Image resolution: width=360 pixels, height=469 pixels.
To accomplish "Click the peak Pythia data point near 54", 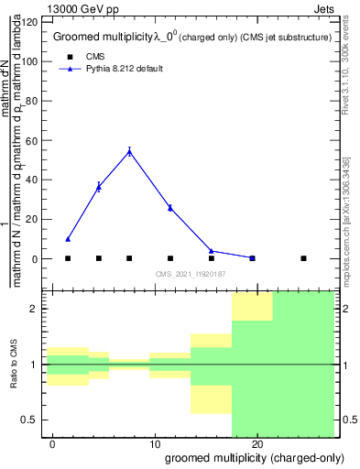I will point(129,151).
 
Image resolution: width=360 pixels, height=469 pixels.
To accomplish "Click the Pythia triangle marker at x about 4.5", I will point(99,186).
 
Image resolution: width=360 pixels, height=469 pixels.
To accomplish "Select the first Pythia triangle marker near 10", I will point(68,239).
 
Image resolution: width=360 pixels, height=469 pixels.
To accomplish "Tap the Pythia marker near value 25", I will point(170,208).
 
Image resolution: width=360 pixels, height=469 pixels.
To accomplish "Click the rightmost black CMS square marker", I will point(303,258).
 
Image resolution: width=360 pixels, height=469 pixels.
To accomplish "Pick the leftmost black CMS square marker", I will point(68,258).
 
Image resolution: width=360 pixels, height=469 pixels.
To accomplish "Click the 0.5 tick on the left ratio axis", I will point(34,420).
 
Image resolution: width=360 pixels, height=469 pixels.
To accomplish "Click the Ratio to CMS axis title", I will point(14,365).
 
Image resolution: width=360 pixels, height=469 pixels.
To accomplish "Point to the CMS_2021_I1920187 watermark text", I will point(191,274).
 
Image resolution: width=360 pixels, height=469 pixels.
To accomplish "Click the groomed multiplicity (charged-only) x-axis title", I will point(248,458).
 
